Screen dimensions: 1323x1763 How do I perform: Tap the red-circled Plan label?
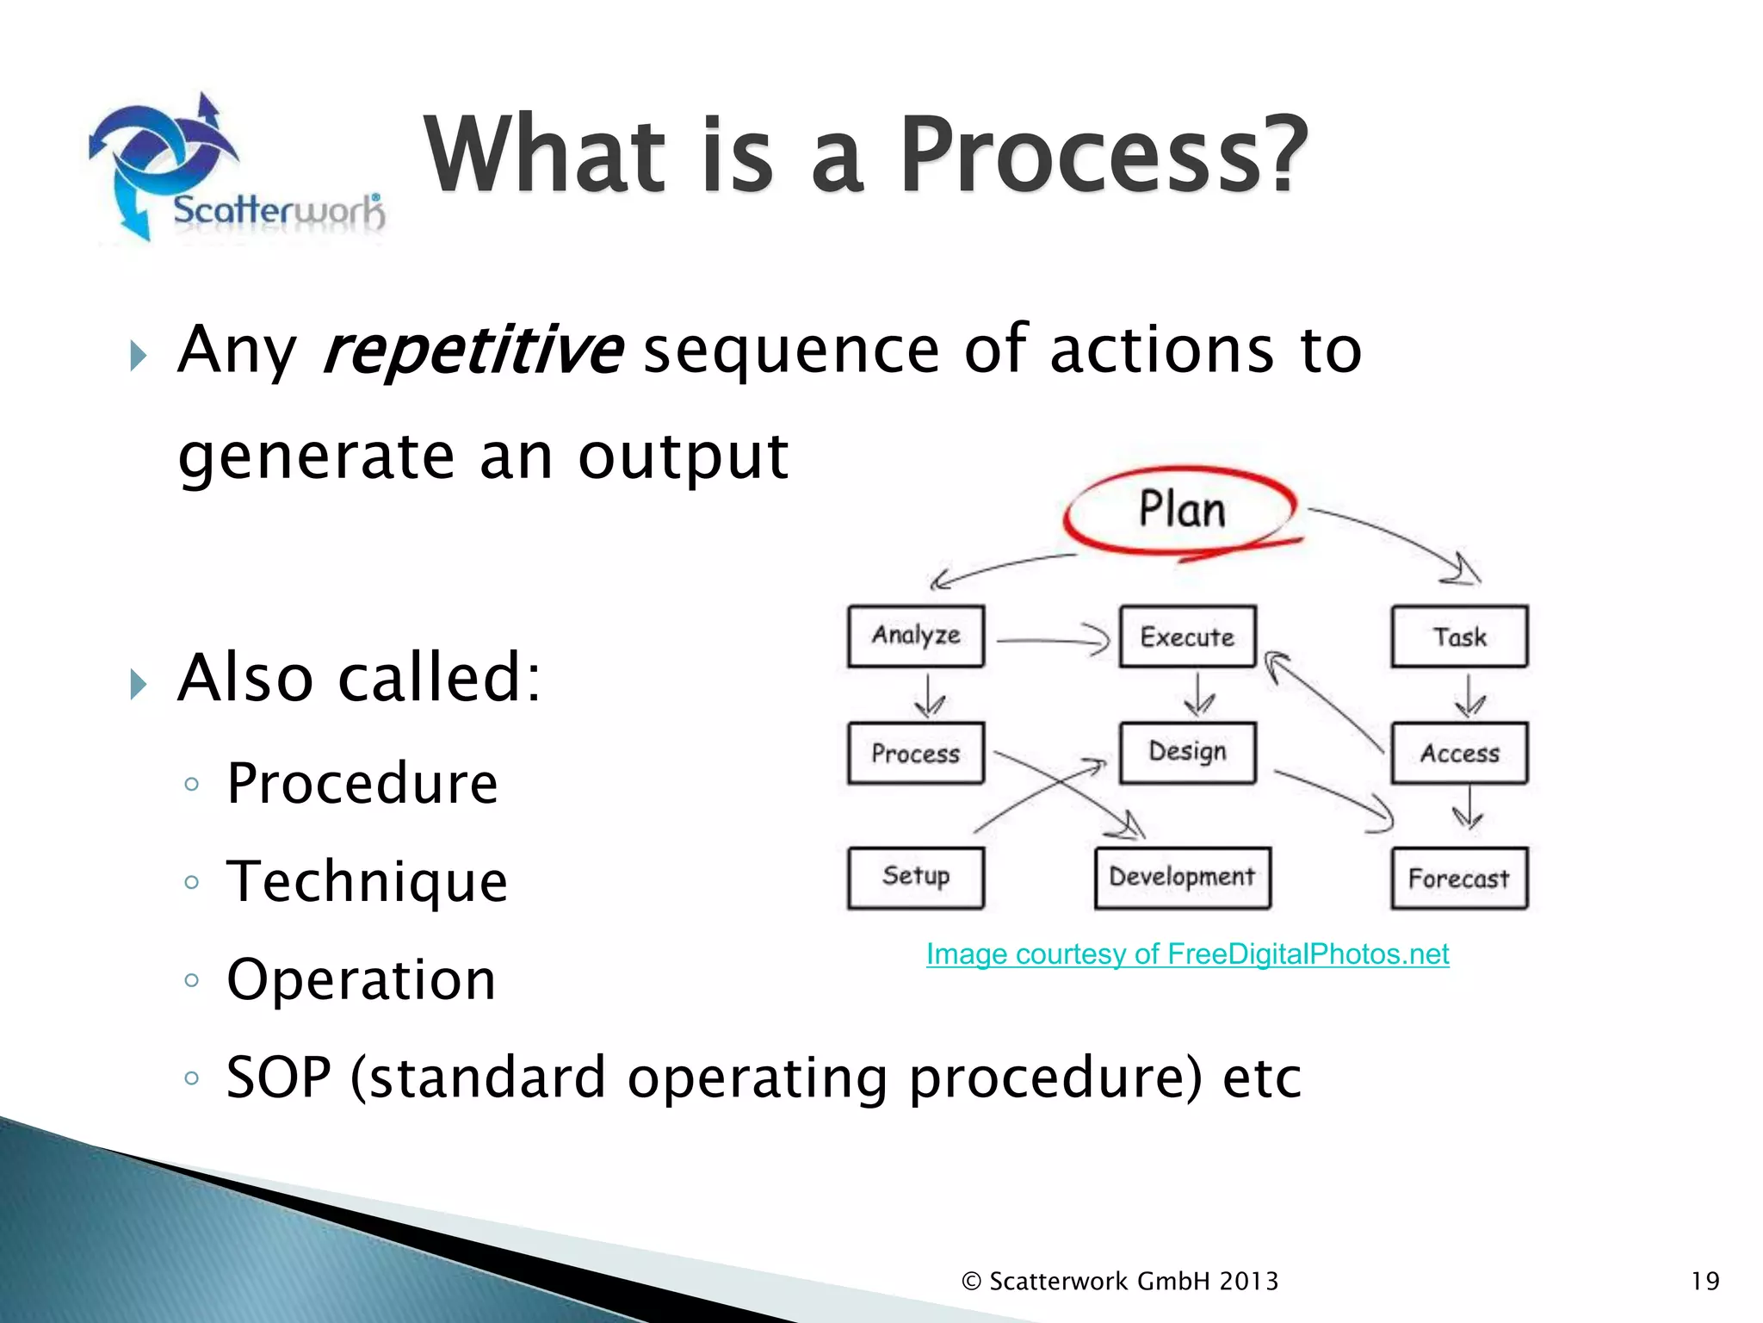pyautogui.click(x=1181, y=509)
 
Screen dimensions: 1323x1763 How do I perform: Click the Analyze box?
pyautogui.click(x=915, y=637)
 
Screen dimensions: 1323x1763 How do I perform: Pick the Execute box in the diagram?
pyautogui.click(x=1187, y=637)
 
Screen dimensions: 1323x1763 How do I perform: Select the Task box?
pyautogui.click(x=1459, y=637)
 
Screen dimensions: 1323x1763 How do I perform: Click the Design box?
pyautogui.click(x=1187, y=752)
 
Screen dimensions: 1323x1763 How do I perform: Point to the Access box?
pyautogui.click(x=1459, y=753)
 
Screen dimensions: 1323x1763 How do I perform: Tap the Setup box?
pyautogui.click(x=915, y=877)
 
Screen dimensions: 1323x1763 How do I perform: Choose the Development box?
pyautogui.click(x=1182, y=878)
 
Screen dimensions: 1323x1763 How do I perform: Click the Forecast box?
pyautogui.click(x=1459, y=879)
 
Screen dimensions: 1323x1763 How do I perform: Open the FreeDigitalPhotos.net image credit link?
pyautogui.click(x=1187, y=954)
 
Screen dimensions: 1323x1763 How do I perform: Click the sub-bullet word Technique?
pyautogui.click(x=367, y=881)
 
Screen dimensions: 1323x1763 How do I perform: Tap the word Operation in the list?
pyautogui.click(x=361, y=979)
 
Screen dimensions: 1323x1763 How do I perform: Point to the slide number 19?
pyautogui.click(x=1704, y=1281)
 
